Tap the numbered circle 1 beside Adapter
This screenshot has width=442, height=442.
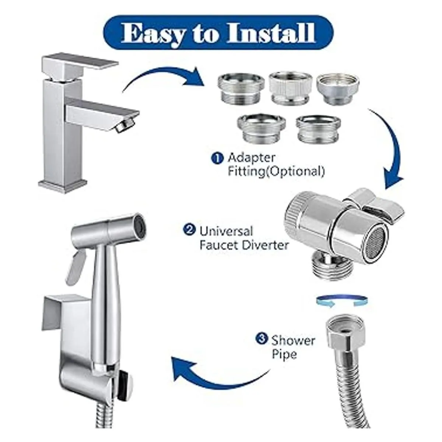pyautogui.click(x=217, y=159)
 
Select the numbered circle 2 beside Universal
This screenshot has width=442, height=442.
pyautogui.click(x=190, y=231)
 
